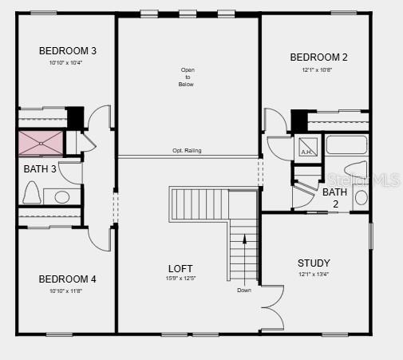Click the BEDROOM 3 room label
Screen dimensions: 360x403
68,51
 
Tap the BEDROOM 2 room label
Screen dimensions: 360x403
318,57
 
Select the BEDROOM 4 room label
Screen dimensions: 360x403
68,279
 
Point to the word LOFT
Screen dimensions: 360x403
180,269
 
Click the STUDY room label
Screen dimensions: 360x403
314,263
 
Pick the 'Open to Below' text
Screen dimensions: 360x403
187,77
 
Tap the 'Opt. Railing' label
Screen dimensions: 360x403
187,151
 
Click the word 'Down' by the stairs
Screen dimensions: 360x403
244,290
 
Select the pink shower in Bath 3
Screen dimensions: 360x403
41,144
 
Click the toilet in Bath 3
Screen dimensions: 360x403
33,192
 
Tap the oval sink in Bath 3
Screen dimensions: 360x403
61,196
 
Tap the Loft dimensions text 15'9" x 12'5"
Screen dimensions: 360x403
180,279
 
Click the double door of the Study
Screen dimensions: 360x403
272,307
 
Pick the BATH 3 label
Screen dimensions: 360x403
40,169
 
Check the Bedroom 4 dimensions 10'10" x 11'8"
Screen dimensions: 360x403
68,291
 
